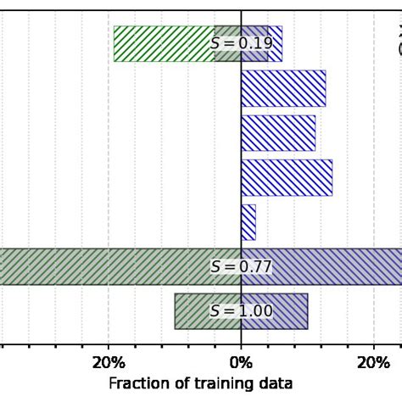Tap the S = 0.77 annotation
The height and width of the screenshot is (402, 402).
point(242,267)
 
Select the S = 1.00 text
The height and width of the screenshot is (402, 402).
point(242,311)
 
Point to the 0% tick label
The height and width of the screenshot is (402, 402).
point(242,363)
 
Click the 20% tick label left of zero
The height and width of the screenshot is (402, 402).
point(109,363)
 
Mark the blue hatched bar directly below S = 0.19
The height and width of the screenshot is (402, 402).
point(283,88)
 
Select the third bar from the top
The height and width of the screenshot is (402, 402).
point(278,133)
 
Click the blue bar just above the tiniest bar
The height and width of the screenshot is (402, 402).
point(287,177)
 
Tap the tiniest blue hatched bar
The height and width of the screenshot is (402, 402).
point(248,222)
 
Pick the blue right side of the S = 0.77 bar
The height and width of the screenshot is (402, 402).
point(339,267)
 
